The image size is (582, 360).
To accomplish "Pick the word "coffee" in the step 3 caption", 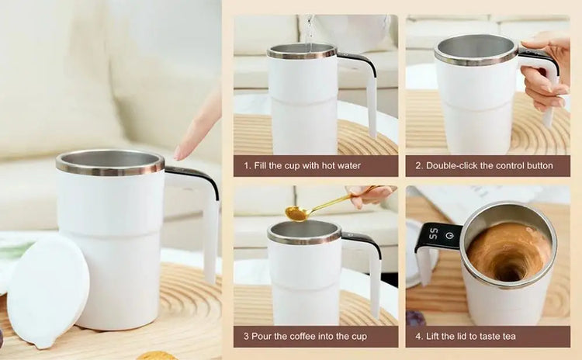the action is [x=303, y=337].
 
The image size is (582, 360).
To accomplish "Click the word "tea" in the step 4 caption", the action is [x=508, y=337].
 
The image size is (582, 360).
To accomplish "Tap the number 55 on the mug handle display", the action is [x=433, y=234].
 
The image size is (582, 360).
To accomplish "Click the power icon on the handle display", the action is [x=450, y=235].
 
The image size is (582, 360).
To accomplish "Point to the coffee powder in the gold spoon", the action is [x=295, y=213].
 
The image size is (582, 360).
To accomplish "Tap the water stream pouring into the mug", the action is [x=308, y=33].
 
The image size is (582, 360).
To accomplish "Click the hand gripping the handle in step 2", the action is [x=546, y=71].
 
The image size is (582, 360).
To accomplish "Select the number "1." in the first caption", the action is [x=248, y=165].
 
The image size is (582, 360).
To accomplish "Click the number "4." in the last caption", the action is [x=419, y=337].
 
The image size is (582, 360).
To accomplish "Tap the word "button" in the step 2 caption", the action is [x=539, y=165].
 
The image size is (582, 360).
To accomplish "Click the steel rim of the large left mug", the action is [x=110, y=163].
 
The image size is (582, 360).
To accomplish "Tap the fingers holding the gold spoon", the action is [x=369, y=194].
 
